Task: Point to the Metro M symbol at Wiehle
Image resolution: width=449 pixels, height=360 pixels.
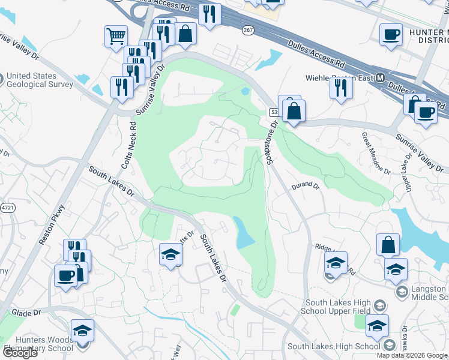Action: click(x=379, y=78)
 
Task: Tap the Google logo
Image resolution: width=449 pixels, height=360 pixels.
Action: click(x=20, y=353)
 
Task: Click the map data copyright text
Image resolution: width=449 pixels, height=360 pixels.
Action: click(x=412, y=355)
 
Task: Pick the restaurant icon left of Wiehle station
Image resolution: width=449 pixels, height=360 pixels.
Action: click(x=340, y=88)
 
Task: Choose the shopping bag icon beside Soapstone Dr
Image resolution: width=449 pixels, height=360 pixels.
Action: click(x=294, y=111)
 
